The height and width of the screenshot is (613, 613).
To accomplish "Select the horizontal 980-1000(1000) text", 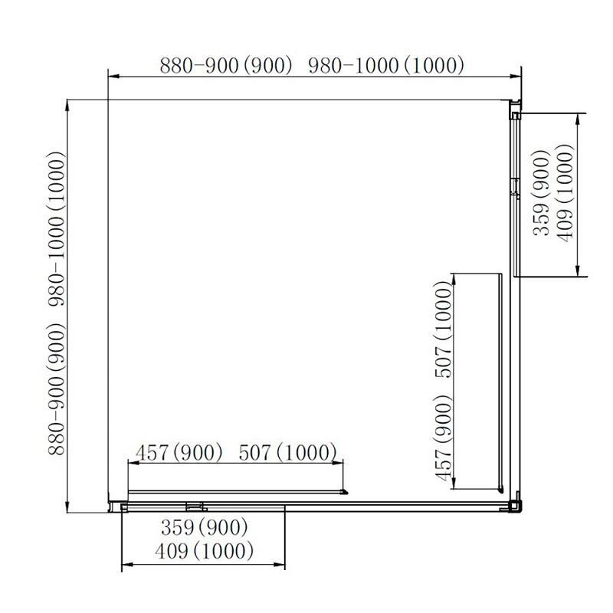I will (387, 66).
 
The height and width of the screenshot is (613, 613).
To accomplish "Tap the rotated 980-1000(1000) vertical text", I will (57, 229).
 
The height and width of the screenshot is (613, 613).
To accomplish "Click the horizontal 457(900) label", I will (179, 452).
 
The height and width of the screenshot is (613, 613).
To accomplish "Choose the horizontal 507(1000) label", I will (288, 452).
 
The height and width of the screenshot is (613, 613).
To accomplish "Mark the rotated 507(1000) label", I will (443, 329).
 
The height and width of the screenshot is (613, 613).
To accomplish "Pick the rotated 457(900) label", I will (443, 438).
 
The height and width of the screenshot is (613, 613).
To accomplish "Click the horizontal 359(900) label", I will (205, 527).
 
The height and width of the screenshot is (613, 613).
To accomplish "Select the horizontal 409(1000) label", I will (204, 551).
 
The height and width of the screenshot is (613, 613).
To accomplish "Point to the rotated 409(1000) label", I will (565, 195).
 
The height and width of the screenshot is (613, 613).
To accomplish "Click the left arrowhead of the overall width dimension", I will (111, 75).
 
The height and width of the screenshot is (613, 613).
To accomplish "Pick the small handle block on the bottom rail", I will (195, 505).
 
